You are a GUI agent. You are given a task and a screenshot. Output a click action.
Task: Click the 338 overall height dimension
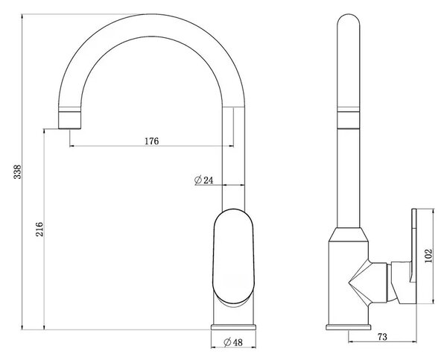[x=18, y=171]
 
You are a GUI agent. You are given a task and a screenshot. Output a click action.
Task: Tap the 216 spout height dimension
[x=39, y=229]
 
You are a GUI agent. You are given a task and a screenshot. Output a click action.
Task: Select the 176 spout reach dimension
[x=152, y=141]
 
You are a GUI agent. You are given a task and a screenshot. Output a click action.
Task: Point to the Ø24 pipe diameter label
[x=203, y=180]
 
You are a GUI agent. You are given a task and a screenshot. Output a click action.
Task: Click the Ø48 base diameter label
[x=233, y=342]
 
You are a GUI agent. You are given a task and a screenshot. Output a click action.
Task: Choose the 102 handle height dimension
[x=428, y=256]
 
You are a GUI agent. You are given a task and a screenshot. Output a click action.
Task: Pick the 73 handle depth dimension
[x=382, y=337]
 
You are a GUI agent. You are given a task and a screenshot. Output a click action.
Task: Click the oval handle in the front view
[x=233, y=256]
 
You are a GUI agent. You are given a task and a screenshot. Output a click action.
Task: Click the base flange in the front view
[x=233, y=327]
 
